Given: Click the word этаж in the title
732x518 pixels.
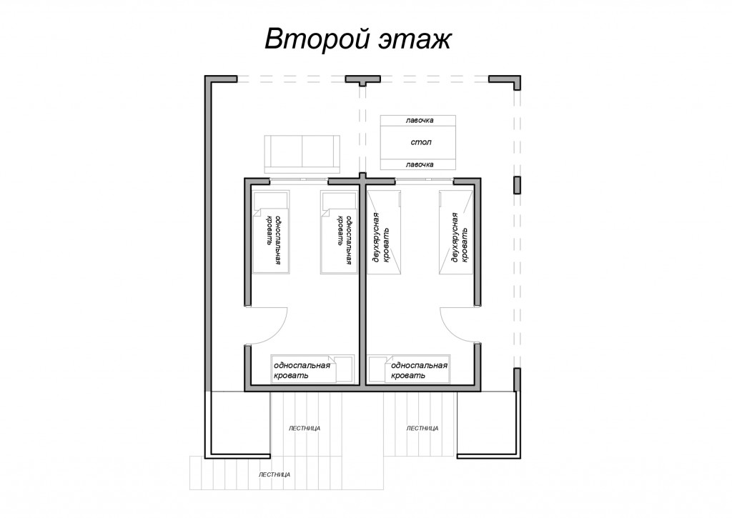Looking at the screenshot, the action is [x=412, y=40].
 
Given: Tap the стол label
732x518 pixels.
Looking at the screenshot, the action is [x=420, y=142].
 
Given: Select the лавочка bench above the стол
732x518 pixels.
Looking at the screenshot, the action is [x=417, y=121].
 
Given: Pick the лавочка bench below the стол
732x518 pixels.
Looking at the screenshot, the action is [x=417, y=164].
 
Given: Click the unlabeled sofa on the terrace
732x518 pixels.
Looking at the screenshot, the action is [x=302, y=154].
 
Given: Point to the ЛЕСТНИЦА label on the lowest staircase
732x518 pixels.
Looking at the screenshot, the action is [x=274, y=474].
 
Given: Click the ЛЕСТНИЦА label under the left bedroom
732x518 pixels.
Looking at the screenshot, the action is [x=305, y=428].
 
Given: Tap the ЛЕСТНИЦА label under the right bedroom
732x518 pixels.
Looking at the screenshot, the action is [x=422, y=428].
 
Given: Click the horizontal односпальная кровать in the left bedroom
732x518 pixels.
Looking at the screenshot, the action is [x=312, y=369].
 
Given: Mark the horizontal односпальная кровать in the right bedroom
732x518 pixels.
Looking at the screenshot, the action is [x=410, y=369].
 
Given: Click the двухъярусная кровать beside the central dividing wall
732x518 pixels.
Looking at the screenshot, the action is [x=384, y=231].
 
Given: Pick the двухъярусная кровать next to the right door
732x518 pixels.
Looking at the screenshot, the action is [x=456, y=231].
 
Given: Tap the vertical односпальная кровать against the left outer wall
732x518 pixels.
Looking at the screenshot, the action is [x=271, y=231].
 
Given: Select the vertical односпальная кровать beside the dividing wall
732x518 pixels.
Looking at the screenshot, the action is [x=338, y=231].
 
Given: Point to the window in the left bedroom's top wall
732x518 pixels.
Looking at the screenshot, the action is [x=299, y=179].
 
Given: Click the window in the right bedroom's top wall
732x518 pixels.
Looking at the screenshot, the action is [x=424, y=179].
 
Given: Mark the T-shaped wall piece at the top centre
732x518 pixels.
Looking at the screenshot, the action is [x=362, y=79].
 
